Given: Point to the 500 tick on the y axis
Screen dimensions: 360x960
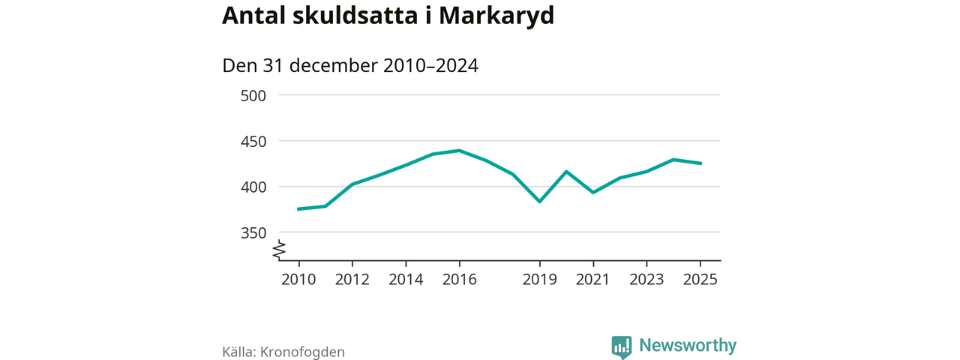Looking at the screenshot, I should click(x=253, y=96).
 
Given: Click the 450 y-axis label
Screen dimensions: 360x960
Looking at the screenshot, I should click(x=253, y=142).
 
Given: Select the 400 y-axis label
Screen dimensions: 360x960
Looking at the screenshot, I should click(x=253, y=187).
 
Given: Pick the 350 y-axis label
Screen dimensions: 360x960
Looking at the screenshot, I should click(x=253, y=233).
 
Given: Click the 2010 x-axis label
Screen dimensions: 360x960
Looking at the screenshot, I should click(x=298, y=280).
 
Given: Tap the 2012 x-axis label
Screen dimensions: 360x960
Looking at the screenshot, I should click(x=352, y=280).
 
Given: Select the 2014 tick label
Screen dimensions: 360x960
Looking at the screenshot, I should click(x=406, y=280).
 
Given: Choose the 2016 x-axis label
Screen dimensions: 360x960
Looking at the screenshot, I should click(x=459, y=280).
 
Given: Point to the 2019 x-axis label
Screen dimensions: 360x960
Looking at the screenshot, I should click(x=539, y=280).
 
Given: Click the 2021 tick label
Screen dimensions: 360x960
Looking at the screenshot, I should click(x=593, y=280).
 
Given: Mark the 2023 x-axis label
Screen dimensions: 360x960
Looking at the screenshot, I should click(x=646, y=280).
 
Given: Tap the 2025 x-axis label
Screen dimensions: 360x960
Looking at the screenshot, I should click(x=700, y=280).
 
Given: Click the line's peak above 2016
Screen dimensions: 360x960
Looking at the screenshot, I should click(x=459, y=151).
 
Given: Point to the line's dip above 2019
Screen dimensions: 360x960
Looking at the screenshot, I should click(x=539, y=202).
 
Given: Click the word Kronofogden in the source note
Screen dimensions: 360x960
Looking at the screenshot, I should click(x=302, y=352).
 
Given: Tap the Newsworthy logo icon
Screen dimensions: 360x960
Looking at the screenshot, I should click(x=622, y=346).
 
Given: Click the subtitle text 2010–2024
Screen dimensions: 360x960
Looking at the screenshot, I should click(x=430, y=66).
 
